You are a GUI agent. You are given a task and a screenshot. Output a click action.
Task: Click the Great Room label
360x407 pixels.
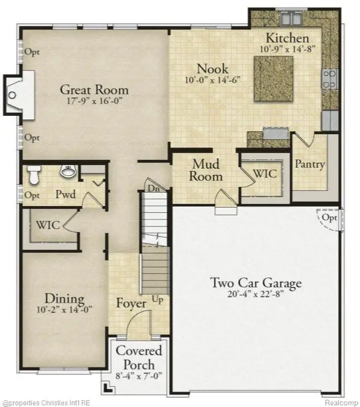tap(94, 90)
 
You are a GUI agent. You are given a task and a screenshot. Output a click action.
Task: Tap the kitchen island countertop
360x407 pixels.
tap(273, 79)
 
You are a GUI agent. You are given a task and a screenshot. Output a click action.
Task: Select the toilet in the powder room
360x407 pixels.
tap(34, 175)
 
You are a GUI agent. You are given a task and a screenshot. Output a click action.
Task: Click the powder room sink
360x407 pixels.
tap(68, 172)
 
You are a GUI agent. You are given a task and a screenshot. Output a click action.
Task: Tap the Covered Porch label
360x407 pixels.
tap(139, 357)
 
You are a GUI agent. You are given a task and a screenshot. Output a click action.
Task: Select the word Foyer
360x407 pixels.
tap(131, 304)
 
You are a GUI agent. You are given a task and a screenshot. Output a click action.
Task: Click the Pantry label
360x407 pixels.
tap(309, 165)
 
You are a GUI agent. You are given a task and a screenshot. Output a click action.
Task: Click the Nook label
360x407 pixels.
tap(212, 69)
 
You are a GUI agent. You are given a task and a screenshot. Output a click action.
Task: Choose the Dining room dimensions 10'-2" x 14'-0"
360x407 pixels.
tap(65, 311)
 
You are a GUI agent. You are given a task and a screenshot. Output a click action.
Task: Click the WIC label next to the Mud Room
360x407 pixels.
tap(265, 173)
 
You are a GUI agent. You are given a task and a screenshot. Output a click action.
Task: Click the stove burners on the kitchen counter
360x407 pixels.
tap(329, 79)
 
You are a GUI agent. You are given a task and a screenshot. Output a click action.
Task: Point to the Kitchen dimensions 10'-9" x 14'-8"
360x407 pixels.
tap(287, 49)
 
